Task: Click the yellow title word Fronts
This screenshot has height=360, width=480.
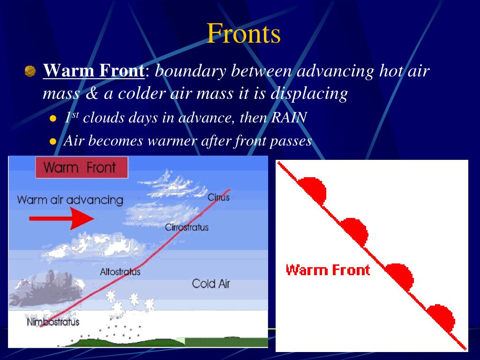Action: click(244, 33)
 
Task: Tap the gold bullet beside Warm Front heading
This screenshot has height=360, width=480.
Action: click(30, 71)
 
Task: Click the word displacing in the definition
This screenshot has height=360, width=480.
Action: click(309, 93)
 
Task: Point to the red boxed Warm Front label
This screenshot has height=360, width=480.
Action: click(82, 167)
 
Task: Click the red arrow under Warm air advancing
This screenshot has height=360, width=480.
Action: click(61, 218)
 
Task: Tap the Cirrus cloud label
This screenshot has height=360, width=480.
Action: click(218, 197)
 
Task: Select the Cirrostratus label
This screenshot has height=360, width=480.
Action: click(187, 227)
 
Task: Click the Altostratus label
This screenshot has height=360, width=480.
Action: click(120, 272)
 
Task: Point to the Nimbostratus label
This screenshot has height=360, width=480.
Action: click(53, 322)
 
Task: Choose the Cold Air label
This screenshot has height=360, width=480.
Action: click(210, 284)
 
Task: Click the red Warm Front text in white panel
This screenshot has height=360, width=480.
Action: click(328, 270)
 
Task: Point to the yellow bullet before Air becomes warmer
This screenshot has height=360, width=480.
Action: click(53, 142)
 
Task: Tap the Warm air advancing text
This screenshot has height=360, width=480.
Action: click(70, 200)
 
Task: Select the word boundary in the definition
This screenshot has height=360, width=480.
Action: click(191, 71)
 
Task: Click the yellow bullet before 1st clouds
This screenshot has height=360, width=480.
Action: click(53, 119)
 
